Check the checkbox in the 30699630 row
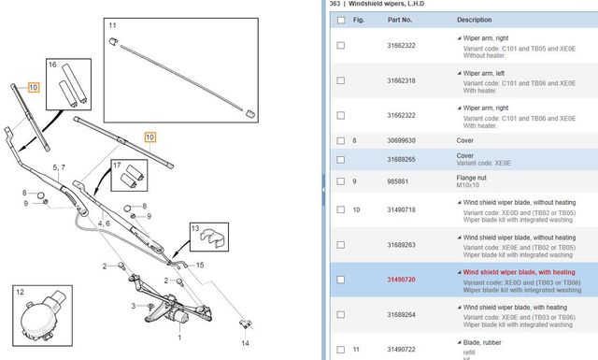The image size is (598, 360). point(340,140)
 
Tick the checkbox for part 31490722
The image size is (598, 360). point(340,349)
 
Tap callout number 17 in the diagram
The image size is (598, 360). point(117,166)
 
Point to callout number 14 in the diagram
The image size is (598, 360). point(246,344)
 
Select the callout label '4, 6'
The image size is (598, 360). point(103,224)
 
